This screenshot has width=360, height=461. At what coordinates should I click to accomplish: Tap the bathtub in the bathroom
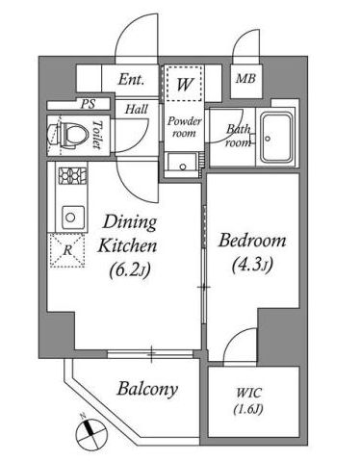[276, 138]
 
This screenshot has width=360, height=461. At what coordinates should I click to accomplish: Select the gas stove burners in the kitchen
[72, 176]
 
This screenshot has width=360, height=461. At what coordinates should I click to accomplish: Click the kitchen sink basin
[73, 218]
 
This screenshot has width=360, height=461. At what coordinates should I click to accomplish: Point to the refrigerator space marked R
[67, 250]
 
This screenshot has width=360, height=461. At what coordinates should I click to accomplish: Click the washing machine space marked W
[185, 84]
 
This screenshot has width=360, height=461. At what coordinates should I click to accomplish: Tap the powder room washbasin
[182, 164]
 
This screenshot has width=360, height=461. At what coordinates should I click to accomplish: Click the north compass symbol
[90, 433]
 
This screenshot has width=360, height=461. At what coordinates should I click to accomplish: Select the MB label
[245, 78]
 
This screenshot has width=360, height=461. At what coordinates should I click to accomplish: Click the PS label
[88, 104]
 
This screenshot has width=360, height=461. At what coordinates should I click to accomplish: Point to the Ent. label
[131, 80]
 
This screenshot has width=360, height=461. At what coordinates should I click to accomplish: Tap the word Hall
[137, 110]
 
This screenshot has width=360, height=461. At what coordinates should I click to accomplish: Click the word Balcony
[147, 389]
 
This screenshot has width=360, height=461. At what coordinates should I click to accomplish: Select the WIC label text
[248, 393]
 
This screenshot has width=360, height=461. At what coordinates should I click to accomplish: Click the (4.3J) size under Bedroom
[252, 266]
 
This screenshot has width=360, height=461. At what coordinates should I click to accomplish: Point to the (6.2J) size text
[130, 270]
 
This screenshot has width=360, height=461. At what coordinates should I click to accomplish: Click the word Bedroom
[252, 241]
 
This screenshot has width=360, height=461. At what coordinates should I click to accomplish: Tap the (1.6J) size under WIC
[248, 409]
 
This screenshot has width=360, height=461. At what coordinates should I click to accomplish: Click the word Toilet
[97, 135]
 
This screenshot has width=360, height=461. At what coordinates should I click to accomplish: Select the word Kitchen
[127, 246]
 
